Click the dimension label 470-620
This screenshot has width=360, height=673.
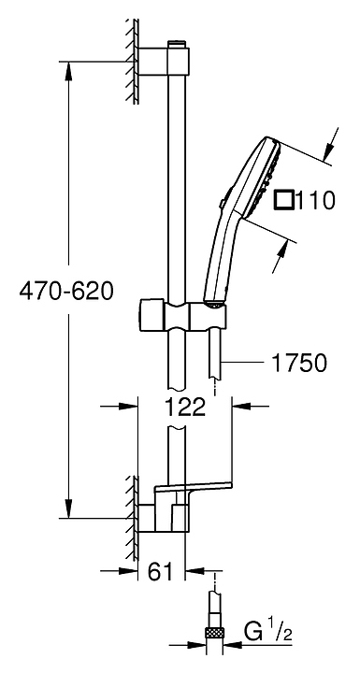pos(66,291)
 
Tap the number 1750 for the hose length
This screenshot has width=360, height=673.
pos(298,363)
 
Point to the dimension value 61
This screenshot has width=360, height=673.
pos(160,571)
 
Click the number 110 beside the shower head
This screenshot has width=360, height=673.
pos(314,200)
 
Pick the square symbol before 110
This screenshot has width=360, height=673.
pos(283,200)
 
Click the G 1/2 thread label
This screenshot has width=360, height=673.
pos(268,633)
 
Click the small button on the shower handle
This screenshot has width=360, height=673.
pos(222,204)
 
